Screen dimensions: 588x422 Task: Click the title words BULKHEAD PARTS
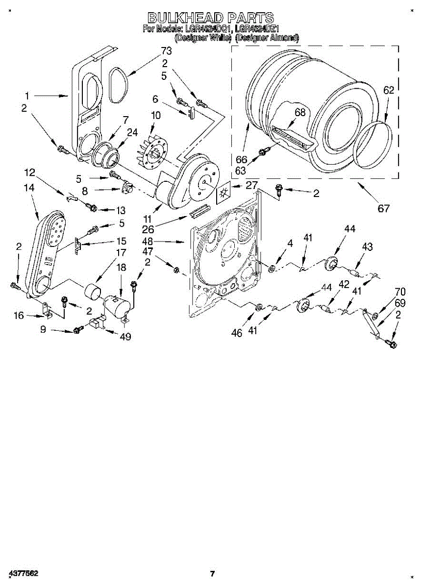click(x=211, y=18)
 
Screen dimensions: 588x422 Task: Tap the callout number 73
click(x=167, y=51)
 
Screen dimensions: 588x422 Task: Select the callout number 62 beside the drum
click(x=389, y=90)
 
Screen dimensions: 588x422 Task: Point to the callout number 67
click(x=383, y=208)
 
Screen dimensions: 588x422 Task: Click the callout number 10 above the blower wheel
click(x=156, y=116)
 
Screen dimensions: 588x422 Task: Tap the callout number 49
click(x=125, y=337)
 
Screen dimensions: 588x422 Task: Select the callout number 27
click(x=251, y=185)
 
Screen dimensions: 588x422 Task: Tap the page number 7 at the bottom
click(x=212, y=573)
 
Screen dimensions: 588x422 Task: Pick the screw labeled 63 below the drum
click(x=262, y=152)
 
